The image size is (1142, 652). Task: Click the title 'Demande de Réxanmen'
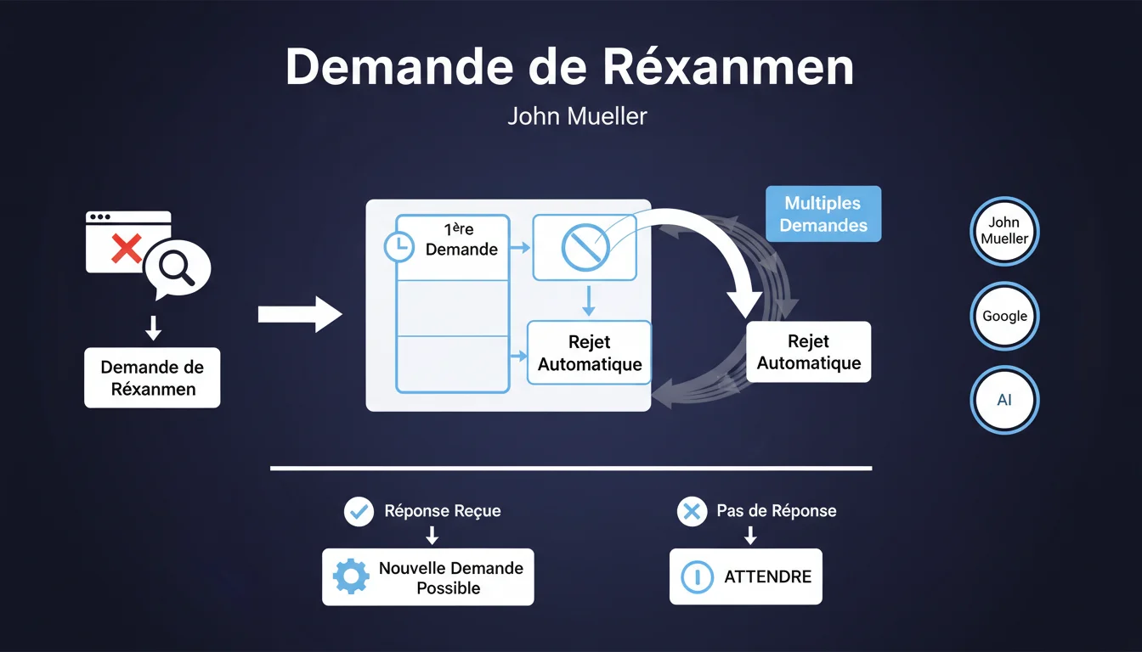pos(569,67)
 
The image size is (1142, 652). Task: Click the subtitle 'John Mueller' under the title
pos(577,115)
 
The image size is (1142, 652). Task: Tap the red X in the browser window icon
pos(127,249)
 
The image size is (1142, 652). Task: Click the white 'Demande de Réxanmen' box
pos(152,378)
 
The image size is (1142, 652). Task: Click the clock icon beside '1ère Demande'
pos(398,247)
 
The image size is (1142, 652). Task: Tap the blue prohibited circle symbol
pos(585,247)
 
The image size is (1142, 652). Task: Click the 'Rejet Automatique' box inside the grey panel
pos(589,353)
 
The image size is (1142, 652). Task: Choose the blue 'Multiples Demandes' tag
pos(823,214)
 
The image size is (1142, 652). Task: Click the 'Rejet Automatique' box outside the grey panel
pos(808,352)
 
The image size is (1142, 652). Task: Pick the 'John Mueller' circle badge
pos(1004,231)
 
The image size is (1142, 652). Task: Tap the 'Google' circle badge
pos(1004,316)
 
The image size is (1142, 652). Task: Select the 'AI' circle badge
pos(1004,401)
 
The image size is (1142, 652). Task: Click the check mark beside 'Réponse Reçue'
pos(359,511)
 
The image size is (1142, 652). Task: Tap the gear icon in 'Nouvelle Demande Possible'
pos(351,577)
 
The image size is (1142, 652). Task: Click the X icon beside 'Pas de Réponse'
pos(692,511)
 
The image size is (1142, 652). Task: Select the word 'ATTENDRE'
pos(767,577)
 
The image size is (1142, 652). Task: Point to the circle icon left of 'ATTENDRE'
pos(697,577)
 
